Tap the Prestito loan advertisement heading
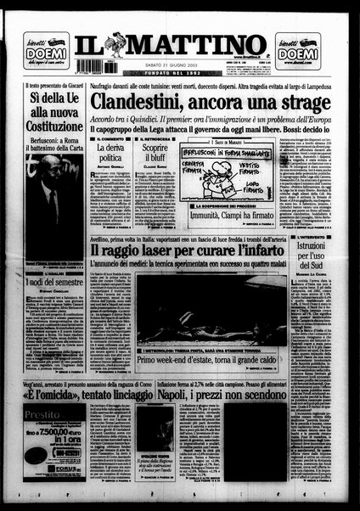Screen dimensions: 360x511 42,416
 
